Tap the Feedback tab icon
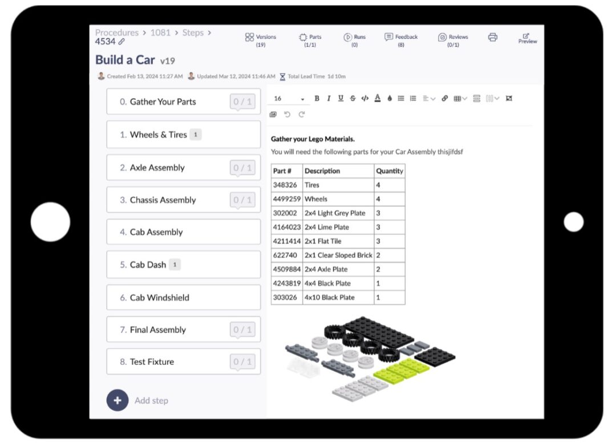pyautogui.click(x=389, y=37)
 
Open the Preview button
pyautogui.click(x=527, y=38)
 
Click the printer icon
pyautogui.click(x=493, y=38)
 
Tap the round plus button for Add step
pyautogui.click(x=117, y=400)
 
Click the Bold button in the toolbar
pyautogui.click(x=317, y=99)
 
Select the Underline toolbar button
pyautogui.click(x=341, y=99)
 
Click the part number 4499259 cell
pyautogui.click(x=286, y=199)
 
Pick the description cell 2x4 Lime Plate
pyautogui.click(x=327, y=227)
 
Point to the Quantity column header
pyautogui.click(x=390, y=171)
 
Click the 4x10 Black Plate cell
pyautogui.click(x=330, y=298)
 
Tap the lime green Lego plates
pyautogui.click(x=402, y=370)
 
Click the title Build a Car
pyautogui.click(x=125, y=60)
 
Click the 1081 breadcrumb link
pyautogui.click(x=160, y=33)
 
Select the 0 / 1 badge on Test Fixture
pyautogui.click(x=242, y=362)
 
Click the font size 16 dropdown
pyautogui.click(x=289, y=99)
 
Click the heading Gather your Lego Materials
pyautogui.click(x=313, y=139)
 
